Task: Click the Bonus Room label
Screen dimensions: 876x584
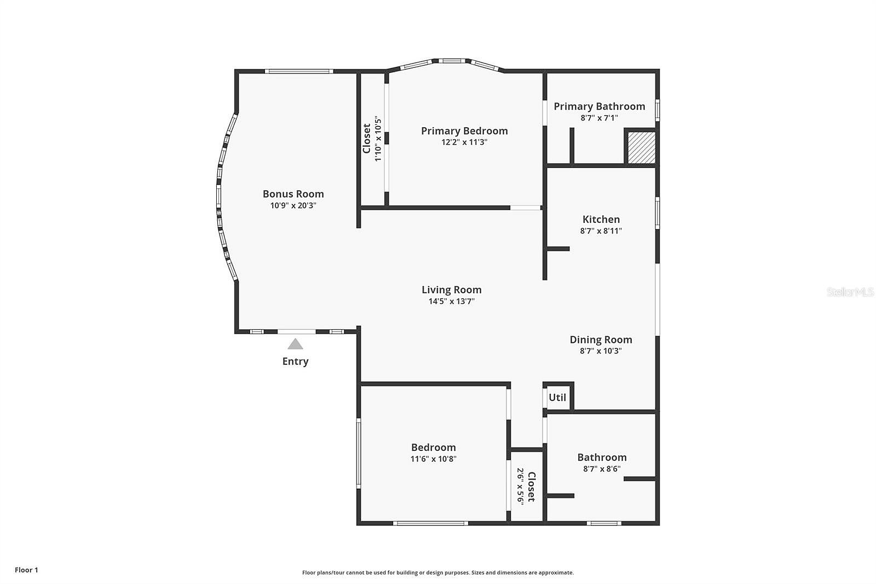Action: point(293,194)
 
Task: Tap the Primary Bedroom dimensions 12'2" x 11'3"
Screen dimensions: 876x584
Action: point(464,142)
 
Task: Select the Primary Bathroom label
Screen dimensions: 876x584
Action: point(599,106)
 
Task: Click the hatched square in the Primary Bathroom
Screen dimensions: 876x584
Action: point(641,147)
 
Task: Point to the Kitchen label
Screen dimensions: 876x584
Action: point(601,219)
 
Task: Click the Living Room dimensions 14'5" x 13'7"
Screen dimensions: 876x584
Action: point(451,301)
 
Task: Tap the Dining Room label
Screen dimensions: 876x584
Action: point(601,340)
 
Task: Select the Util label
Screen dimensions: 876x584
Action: point(557,398)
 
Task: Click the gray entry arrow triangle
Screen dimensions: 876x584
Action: point(295,344)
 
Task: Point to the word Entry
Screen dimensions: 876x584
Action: point(295,361)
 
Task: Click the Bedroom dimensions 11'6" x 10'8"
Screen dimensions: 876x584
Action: point(433,459)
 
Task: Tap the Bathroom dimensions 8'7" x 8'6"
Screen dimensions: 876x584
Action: point(602,469)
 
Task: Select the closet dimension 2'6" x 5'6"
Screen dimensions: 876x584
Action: point(521,486)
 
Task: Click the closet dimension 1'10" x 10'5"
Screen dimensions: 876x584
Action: point(377,138)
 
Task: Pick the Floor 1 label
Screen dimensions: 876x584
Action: point(27,570)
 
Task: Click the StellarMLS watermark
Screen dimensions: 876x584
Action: point(850,291)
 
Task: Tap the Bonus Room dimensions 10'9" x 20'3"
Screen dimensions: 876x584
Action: point(293,205)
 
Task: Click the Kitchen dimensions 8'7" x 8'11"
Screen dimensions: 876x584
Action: point(601,231)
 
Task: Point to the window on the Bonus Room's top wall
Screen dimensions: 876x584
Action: point(299,71)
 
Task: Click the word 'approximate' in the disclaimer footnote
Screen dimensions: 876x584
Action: point(556,572)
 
